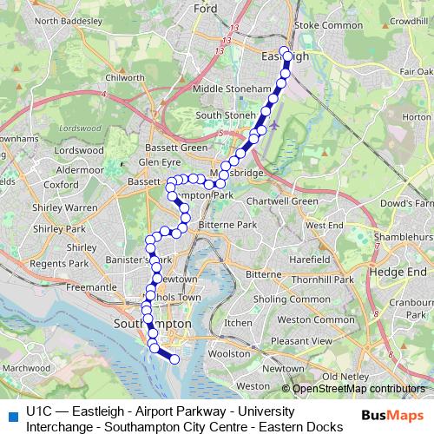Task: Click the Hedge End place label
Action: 395,270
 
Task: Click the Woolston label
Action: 231,354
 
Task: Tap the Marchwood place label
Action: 26,368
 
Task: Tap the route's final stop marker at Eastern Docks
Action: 174,358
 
